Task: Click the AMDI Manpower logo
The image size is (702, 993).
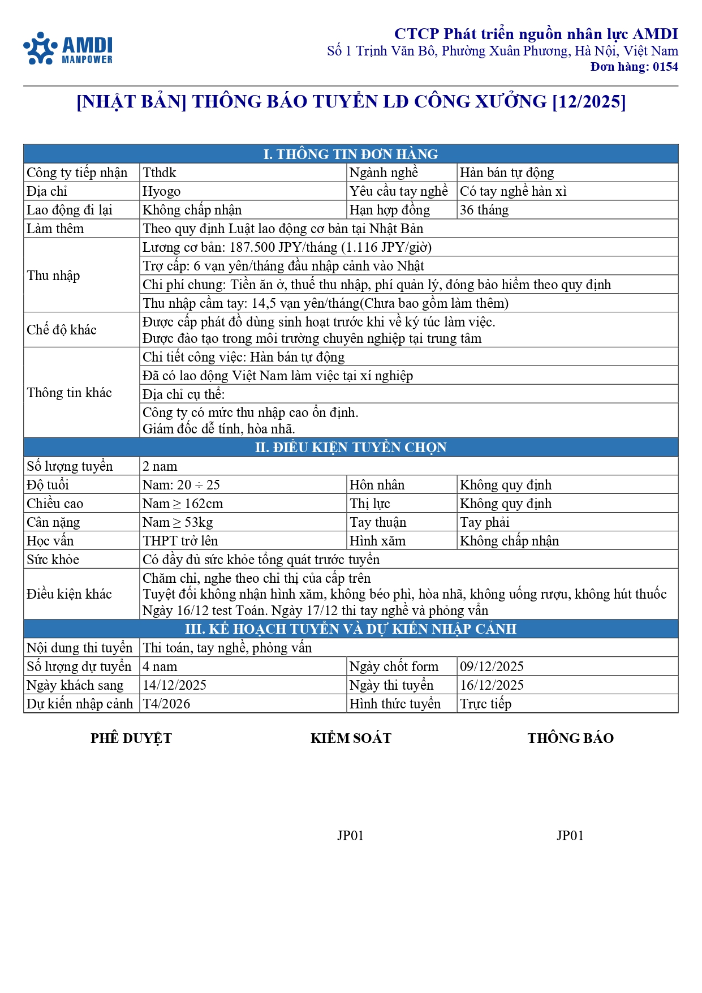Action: pos(68,49)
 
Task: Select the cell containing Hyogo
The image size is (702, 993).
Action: pos(162,191)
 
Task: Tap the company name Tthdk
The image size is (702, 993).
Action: pos(160,173)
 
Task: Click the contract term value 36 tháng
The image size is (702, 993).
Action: pos(484,210)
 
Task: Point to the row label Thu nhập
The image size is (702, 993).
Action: pos(54,276)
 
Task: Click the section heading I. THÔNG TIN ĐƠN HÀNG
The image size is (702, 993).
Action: pos(351,154)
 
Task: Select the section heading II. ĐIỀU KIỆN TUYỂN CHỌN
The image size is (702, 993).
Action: pos(351,448)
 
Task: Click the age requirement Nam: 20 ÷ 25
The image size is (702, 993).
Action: pos(181,485)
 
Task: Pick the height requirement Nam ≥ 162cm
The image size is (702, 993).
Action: pos(183,504)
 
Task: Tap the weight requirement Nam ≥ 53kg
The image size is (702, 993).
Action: pos(178,522)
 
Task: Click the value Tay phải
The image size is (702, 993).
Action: pos(485,522)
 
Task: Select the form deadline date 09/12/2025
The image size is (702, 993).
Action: pos(492,667)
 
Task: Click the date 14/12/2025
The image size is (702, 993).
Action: pos(174,685)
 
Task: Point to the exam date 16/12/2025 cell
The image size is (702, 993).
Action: pos(492,685)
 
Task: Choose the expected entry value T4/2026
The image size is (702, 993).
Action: pos(166,704)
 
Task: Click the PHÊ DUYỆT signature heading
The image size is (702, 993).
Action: pos(131,738)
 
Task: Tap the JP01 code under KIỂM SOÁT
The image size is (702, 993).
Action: pos(350,836)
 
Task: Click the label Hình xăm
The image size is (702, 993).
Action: pos(377,541)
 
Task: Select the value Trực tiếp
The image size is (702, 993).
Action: pos(485,704)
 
